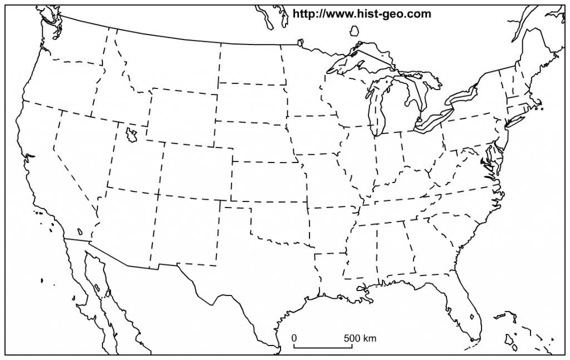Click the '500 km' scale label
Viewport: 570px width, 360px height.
(360, 338)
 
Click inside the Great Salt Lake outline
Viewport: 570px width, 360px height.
(132, 135)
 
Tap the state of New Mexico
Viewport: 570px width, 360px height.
(186, 228)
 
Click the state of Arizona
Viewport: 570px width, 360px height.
(125, 223)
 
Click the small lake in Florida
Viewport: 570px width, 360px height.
(472, 317)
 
